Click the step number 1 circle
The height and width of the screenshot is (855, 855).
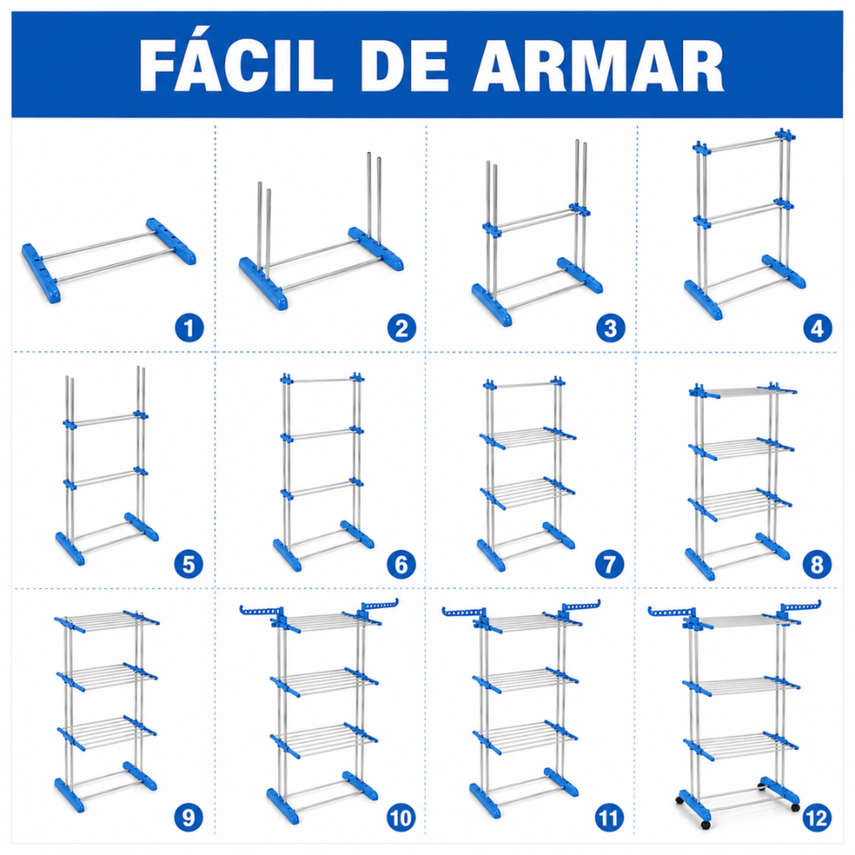coord(189,328)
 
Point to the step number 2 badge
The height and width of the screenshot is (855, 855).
coord(401,328)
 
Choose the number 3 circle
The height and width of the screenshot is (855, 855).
coord(610,328)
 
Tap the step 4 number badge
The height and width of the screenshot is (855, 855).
coord(817,328)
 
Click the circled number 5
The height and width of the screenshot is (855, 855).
coord(189,564)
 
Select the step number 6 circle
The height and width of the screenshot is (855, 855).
coord(401,564)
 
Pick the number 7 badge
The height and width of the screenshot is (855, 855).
coord(610,564)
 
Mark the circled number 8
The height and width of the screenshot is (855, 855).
coord(817,564)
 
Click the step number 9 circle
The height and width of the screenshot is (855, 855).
coord(189,817)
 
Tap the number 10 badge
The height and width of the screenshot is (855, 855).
coord(401,817)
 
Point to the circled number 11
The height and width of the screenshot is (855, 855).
coord(609,817)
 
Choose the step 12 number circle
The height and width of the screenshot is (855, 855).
coord(817,817)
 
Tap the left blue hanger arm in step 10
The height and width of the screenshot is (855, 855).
coord(261,612)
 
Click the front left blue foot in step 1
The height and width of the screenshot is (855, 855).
coord(40,273)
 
